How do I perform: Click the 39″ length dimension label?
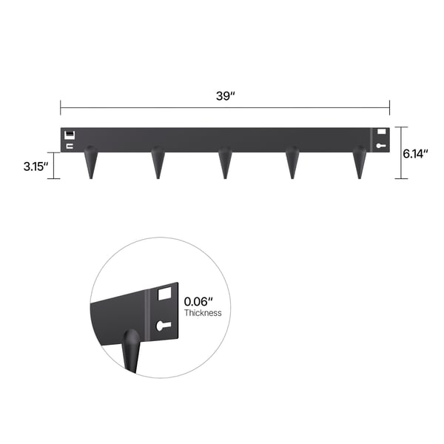click(x=226, y=96)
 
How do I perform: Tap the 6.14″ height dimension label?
click(x=415, y=154)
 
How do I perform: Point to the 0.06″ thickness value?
click(x=198, y=302)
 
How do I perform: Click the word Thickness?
click(x=203, y=313)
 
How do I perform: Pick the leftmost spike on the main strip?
click(x=91, y=163)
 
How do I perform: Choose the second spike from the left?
click(x=158, y=163)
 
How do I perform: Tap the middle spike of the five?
click(x=225, y=163)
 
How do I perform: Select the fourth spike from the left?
click(x=292, y=163)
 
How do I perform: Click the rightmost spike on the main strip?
click(x=360, y=163)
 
